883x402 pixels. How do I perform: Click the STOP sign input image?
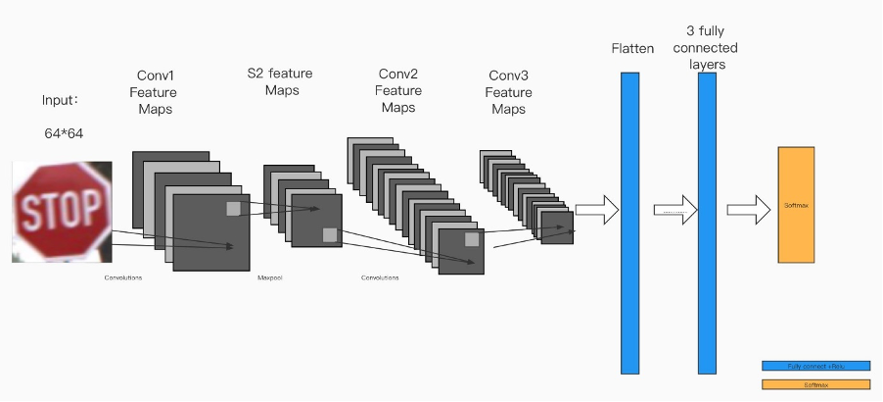click(x=62, y=212)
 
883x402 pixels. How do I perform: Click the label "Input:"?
click(x=60, y=100)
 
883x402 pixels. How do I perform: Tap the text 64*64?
click(x=64, y=133)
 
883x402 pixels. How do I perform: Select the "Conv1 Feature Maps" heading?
click(x=155, y=92)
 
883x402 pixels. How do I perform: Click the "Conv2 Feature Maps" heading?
click(x=398, y=90)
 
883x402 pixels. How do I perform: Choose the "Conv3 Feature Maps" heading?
click(x=508, y=92)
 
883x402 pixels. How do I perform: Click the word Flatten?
click(x=631, y=48)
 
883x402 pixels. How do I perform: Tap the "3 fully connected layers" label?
click(x=705, y=48)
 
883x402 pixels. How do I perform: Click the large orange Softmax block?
click(x=796, y=205)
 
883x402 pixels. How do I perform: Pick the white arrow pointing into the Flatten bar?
click(x=597, y=209)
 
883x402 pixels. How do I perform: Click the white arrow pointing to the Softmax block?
click(x=749, y=209)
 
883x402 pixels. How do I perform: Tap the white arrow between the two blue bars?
click(x=674, y=209)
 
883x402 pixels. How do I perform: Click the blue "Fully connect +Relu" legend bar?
click(x=815, y=366)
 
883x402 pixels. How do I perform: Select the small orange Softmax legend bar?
click(x=815, y=384)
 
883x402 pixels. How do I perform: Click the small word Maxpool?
click(x=269, y=277)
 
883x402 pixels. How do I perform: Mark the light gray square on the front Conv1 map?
click(x=232, y=208)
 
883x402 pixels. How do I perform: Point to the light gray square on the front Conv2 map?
click(x=472, y=239)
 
